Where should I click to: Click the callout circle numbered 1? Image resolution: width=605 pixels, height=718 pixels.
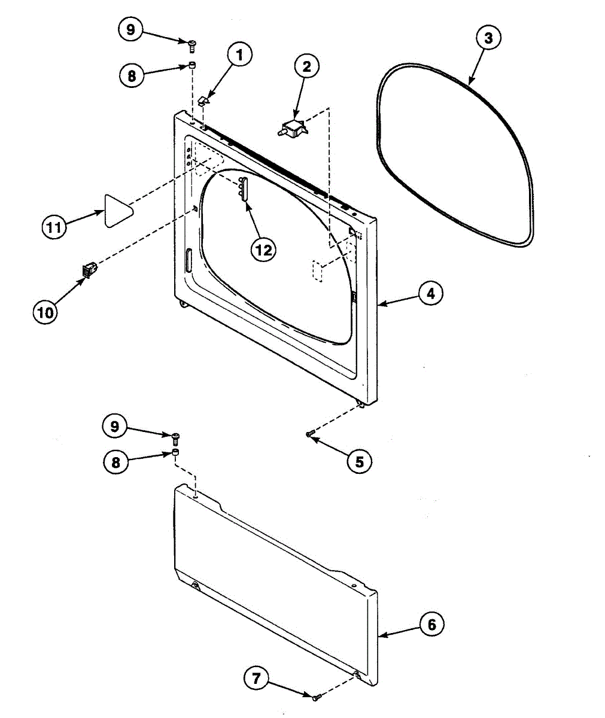point(239,56)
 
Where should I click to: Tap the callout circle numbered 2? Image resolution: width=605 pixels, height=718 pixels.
point(306,67)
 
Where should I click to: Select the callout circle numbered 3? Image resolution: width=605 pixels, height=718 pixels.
point(488,38)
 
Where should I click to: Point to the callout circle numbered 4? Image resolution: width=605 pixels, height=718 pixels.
point(430,294)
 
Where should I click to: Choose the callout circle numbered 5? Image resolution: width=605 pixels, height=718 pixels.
point(359,461)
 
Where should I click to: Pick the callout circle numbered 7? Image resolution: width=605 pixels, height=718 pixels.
point(256,679)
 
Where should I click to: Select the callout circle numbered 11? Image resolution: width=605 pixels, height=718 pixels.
point(54,227)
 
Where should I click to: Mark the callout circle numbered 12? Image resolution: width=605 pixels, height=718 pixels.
point(263,249)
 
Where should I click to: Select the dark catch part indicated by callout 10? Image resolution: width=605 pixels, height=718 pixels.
point(88,270)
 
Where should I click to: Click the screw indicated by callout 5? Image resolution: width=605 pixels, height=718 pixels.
point(309,434)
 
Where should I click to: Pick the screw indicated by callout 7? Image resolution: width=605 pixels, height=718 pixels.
point(317,696)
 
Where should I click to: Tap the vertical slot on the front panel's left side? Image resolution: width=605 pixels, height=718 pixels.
point(188,260)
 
